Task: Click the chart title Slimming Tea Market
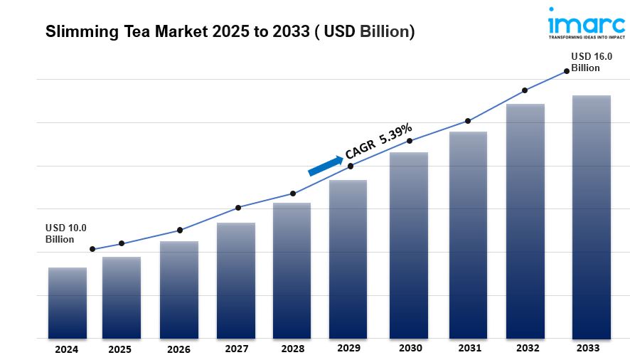[x=230, y=32]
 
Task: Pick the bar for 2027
[x=236, y=280]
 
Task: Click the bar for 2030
[x=409, y=245]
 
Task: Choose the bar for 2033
[x=592, y=217]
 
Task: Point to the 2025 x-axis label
[x=120, y=349]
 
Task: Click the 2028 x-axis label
[x=293, y=349]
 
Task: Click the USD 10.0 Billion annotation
[x=66, y=233]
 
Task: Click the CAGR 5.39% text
[x=378, y=142]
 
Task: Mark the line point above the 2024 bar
[x=92, y=249]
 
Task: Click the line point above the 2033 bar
[x=567, y=71]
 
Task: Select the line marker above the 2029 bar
[x=351, y=166]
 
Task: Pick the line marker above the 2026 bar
[x=180, y=230]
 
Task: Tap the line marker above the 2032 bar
[x=525, y=90]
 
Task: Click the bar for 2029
[x=348, y=259]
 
